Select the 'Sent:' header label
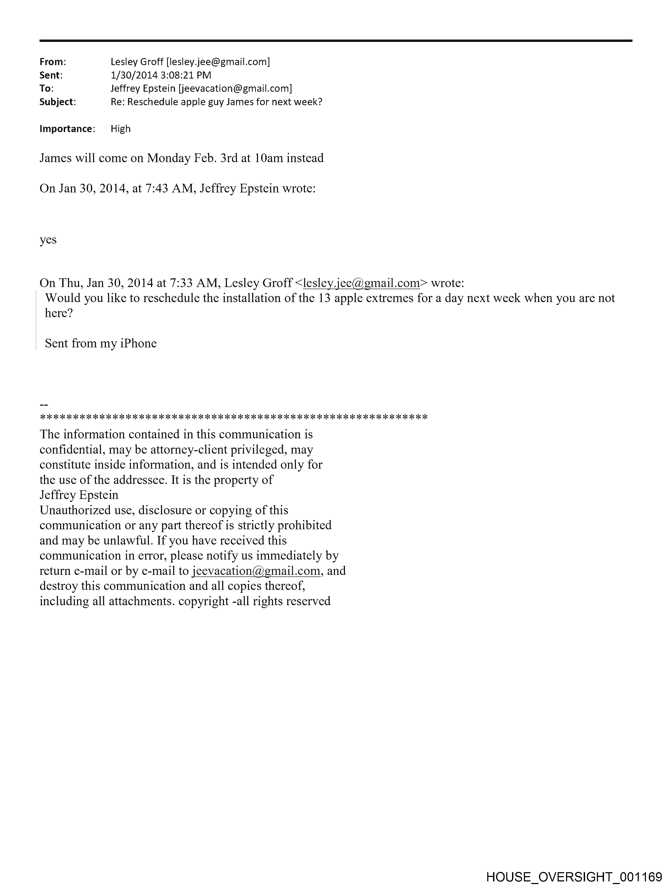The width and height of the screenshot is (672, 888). pyautogui.click(x=51, y=75)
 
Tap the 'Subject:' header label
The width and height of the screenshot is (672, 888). pyautogui.click(x=57, y=102)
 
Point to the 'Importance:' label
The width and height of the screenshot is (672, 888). pyautogui.click(x=67, y=129)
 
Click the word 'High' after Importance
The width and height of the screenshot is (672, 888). pyautogui.click(x=120, y=129)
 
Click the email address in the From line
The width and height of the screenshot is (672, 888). pyautogui.click(x=218, y=62)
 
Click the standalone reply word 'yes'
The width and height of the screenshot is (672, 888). pyautogui.click(x=48, y=240)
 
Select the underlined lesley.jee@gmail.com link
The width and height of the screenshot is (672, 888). pyautogui.click(x=361, y=283)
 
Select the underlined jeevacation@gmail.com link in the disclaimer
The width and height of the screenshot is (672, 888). pyautogui.click(x=256, y=571)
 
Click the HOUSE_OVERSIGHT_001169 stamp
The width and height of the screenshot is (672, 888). pyautogui.click(x=574, y=877)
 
